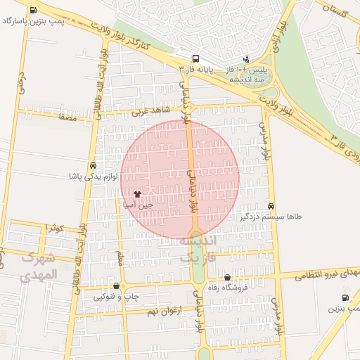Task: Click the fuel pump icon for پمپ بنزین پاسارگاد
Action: point(35,10)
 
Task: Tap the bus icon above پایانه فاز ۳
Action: point(195,58)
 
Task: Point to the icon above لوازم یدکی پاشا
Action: point(93,165)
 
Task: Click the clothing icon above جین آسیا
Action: point(137,194)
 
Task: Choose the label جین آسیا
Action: point(138,205)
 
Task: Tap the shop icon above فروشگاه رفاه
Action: point(227,278)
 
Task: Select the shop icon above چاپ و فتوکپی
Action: point(116,285)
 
